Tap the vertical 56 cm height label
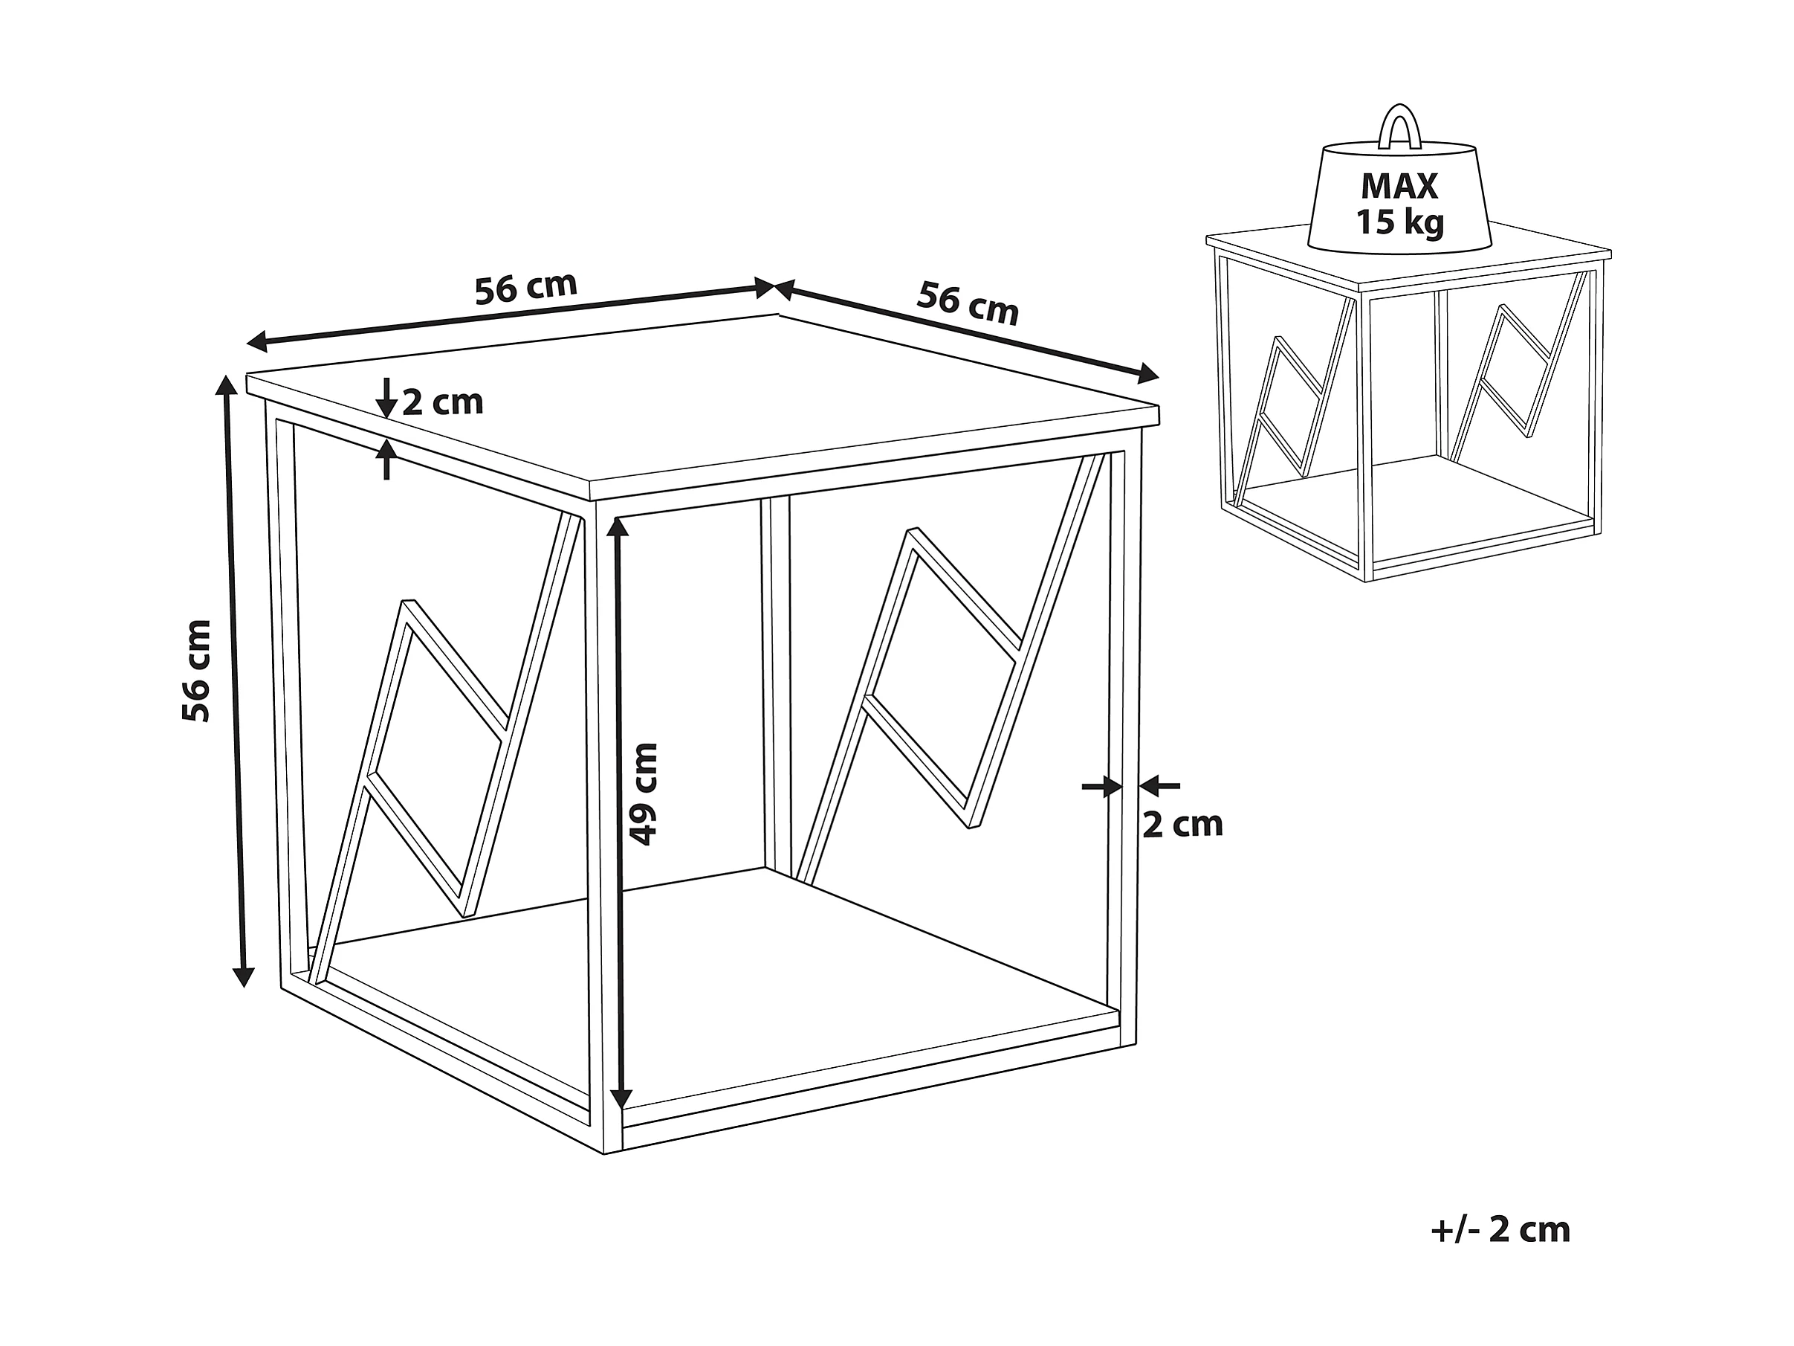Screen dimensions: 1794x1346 point(197,670)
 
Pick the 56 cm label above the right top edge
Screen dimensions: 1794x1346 point(967,303)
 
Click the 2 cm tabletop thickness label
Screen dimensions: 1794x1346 point(443,402)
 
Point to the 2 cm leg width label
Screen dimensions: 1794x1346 point(1182,824)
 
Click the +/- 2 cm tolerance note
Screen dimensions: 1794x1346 point(1500,1230)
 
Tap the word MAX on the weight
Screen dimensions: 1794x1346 point(1399,187)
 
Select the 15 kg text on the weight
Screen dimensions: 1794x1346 point(1401,222)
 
